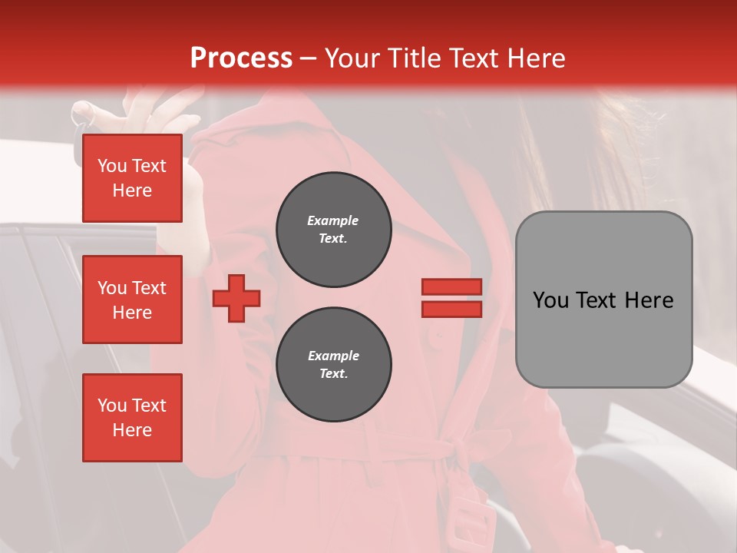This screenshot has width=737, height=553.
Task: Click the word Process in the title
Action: coord(241,58)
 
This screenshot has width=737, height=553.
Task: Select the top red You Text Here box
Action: coord(132,178)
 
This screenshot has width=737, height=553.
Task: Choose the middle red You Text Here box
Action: coord(132,300)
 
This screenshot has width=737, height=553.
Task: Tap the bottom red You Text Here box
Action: coord(132,418)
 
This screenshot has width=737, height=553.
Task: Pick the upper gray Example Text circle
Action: coord(334,230)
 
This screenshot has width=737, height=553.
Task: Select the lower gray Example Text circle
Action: coord(334,365)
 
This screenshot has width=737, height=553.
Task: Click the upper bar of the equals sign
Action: coord(451,286)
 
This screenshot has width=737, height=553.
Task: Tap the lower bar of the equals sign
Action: coord(451,309)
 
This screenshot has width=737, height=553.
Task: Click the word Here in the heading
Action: coord(534,58)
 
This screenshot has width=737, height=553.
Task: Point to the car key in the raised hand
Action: coord(81,115)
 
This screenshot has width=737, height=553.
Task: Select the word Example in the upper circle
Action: coord(333,220)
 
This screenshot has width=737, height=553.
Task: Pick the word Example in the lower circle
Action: coord(333,356)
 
